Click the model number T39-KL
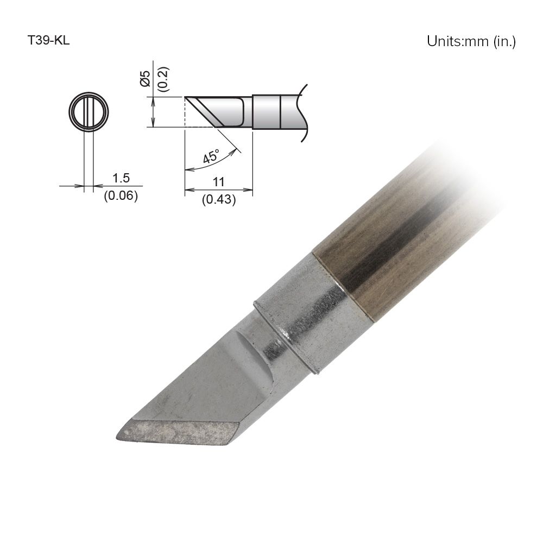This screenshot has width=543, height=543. (x=48, y=41)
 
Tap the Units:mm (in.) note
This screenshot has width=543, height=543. (x=471, y=42)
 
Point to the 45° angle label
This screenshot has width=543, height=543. (x=211, y=156)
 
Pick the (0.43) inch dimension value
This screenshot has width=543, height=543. (x=219, y=199)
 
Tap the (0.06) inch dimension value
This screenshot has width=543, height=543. (x=121, y=195)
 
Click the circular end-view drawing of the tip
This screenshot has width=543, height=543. (x=89, y=113)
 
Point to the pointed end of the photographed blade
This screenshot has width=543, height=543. (x=119, y=435)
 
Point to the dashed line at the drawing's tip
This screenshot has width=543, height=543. (x=185, y=112)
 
